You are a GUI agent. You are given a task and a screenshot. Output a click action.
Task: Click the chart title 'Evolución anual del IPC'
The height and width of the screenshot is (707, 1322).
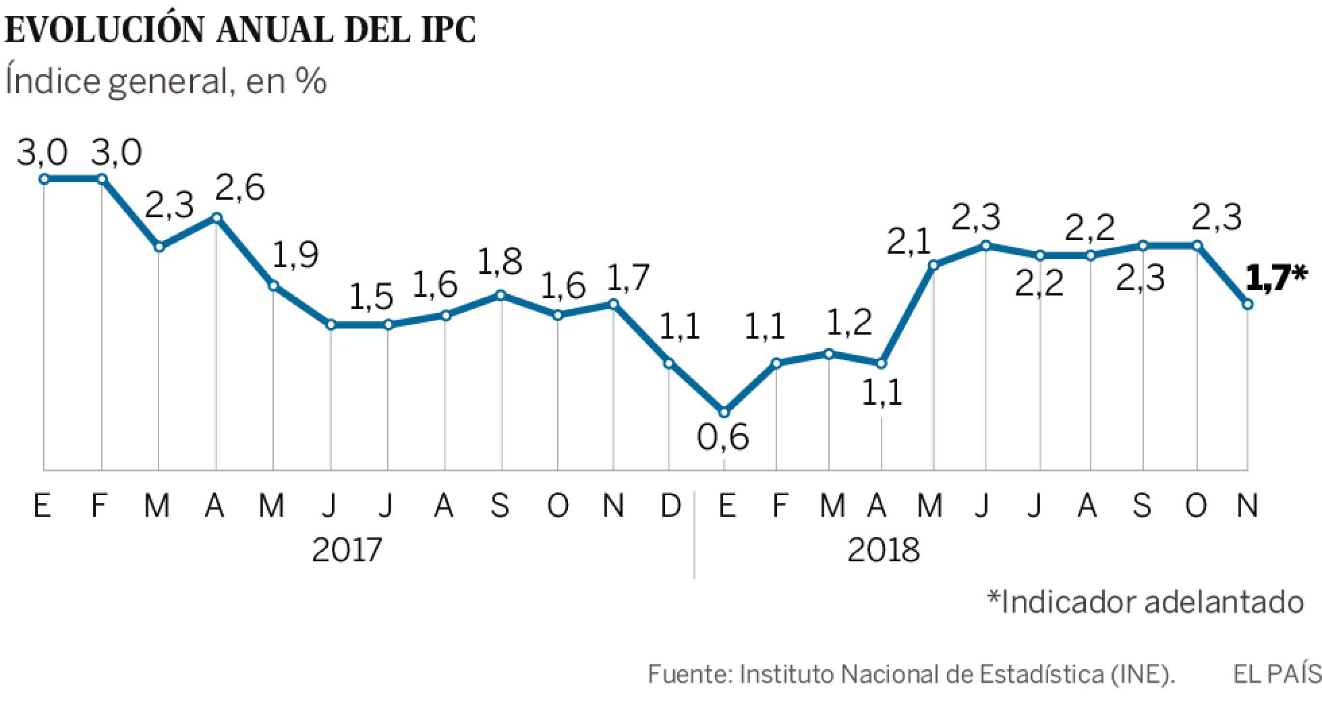click(x=241, y=30)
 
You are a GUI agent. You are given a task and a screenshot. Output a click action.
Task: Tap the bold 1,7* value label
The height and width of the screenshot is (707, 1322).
click(x=1275, y=277)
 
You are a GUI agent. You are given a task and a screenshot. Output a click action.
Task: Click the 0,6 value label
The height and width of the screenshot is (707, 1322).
click(x=722, y=438)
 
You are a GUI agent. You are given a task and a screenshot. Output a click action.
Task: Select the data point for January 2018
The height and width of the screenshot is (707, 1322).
click(x=724, y=412)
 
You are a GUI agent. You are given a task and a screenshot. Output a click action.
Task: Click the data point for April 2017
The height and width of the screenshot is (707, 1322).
click(x=217, y=217)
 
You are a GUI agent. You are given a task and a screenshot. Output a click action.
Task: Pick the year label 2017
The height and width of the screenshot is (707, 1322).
click(x=347, y=550)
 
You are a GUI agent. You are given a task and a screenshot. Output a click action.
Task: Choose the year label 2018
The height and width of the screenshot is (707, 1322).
click(x=883, y=550)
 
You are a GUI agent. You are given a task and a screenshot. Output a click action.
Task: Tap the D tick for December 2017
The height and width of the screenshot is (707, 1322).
click(x=670, y=505)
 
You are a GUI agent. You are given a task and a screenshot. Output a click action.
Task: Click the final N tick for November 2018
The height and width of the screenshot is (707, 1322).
click(x=1247, y=505)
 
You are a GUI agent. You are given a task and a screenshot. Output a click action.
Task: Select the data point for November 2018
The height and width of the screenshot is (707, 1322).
click(x=1248, y=305)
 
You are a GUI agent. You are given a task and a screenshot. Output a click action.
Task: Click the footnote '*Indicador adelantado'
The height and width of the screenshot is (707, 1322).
click(x=1145, y=602)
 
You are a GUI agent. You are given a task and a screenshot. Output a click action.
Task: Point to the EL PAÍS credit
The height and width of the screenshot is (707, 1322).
click(x=1276, y=674)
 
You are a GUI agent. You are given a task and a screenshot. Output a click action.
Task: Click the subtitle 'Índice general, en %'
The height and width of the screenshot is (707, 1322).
click(x=166, y=82)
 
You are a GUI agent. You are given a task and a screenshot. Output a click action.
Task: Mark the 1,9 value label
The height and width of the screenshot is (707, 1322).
click(x=295, y=256)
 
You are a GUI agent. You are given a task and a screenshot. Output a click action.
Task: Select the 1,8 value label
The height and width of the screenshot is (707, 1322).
click(x=500, y=262)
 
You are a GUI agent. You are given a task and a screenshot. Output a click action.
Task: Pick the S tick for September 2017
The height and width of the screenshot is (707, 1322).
click(x=500, y=505)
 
